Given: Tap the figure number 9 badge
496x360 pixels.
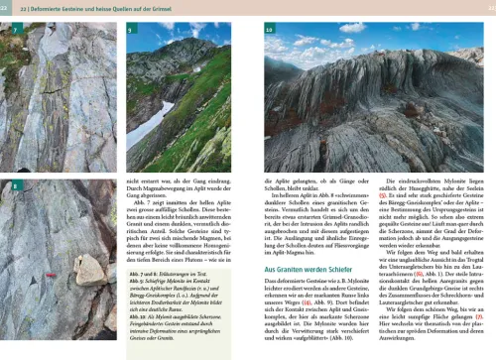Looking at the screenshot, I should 132,33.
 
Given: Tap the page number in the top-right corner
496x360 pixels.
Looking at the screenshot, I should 487,9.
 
